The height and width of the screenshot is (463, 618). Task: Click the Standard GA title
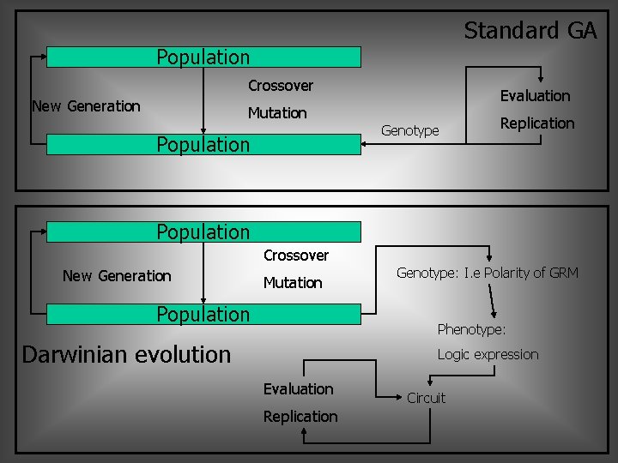tap(530, 31)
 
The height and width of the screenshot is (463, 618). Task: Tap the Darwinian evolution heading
tap(126, 354)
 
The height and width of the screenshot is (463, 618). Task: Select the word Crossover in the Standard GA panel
tap(281, 86)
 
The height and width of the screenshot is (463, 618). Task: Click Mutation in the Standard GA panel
tap(277, 113)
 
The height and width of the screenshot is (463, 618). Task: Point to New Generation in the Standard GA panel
tap(86, 106)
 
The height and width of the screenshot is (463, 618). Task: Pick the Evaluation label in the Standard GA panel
tap(535, 96)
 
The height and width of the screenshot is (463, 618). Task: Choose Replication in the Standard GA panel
tap(537, 123)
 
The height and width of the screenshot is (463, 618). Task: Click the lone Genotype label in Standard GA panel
tap(409, 131)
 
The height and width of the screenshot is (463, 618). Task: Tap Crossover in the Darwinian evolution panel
tap(296, 256)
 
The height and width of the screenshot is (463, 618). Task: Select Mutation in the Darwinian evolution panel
tap(293, 283)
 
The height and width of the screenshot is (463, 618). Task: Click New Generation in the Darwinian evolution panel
tap(117, 276)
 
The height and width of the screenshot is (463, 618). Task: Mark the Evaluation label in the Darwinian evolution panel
tap(298, 389)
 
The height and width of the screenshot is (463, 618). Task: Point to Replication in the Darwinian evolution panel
tap(300, 417)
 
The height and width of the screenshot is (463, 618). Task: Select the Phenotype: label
tap(471, 329)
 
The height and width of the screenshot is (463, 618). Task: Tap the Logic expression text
tap(488, 355)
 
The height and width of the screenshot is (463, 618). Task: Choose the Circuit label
tap(426, 398)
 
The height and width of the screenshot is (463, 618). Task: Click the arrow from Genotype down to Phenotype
tap(494, 300)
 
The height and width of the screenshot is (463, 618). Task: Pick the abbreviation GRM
tap(564, 274)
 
